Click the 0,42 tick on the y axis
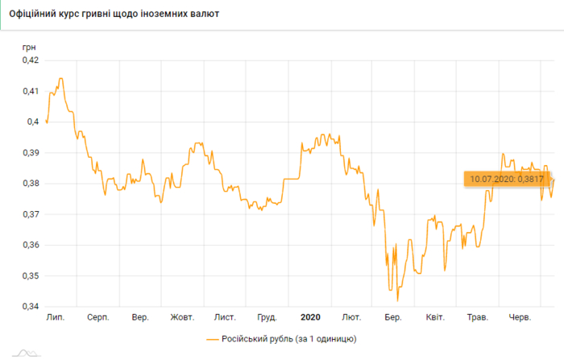pos(29,60)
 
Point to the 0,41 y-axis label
pos(29,91)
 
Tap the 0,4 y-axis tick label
pos(32,122)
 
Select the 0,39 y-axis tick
pos(29,152)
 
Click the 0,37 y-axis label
pos(29,214)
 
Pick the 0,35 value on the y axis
pos(29,276)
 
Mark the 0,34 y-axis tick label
pos(29,307)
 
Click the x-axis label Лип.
pos(56,318)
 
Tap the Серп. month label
pos(98,318)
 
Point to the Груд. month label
pos(267,318)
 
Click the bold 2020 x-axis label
pos(310,318)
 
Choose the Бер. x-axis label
pos(393,318)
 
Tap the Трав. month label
pos(478,318)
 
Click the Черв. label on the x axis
pos(520,318)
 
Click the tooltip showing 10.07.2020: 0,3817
pos(507,179)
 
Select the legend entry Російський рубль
pos(281,339)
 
